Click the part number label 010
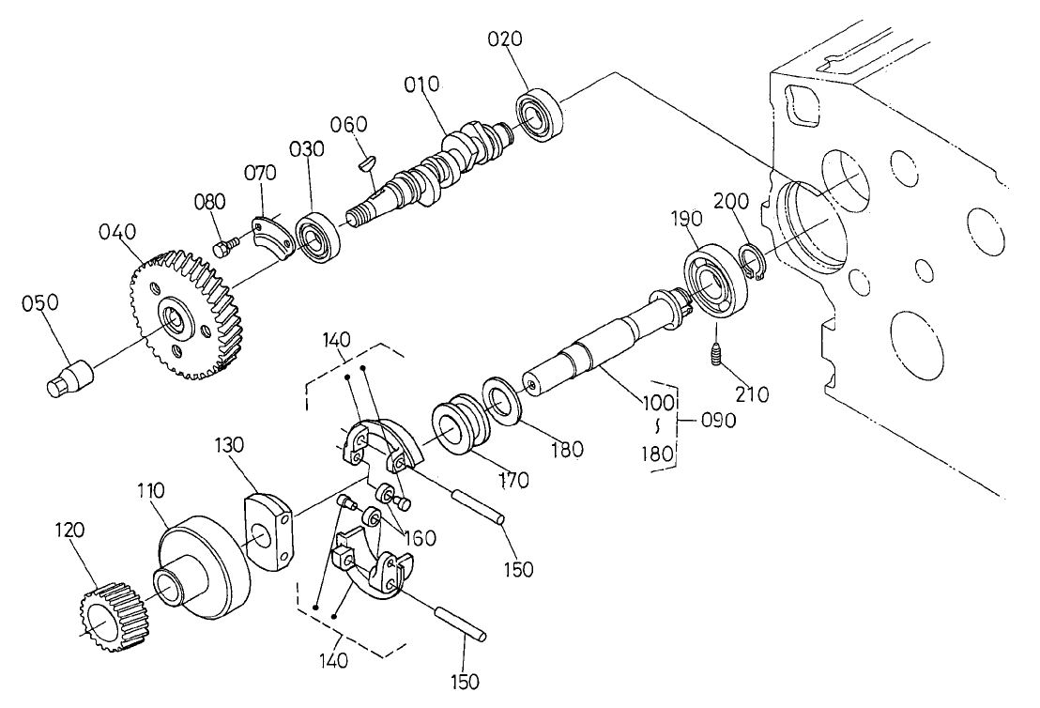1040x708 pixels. tap(422, 85)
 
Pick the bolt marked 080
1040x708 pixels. tap(224, 247)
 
